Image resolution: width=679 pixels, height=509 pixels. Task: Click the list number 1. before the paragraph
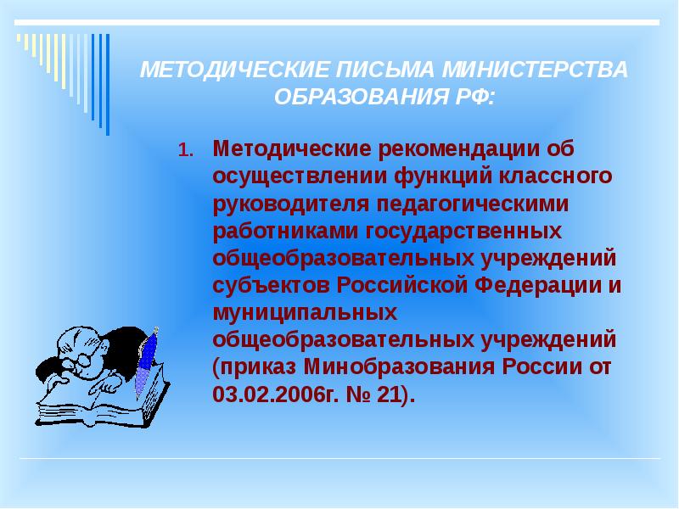(x=186, y=152)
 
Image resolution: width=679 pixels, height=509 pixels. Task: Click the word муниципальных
(x=304, y=312)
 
